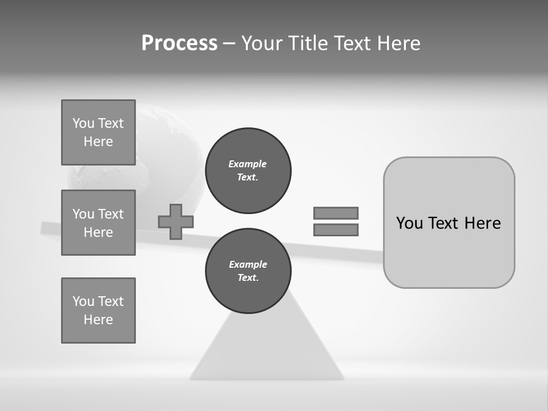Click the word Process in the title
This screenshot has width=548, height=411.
coord(179,43)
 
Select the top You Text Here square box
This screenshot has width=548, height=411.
coord(98,132)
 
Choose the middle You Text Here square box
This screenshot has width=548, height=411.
coord(98,223)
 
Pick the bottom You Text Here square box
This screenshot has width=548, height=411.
coord(98,311)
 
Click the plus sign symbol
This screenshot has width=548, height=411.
coord(176,221)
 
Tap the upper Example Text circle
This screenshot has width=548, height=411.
coord(248,171)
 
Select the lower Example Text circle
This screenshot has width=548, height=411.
coord(248,271)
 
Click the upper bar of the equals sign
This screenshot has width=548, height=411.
coord(336,213)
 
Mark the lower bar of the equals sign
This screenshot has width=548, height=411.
coord(336,229)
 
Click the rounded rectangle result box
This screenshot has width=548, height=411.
coord(449,251)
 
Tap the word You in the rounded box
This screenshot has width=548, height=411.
coord(409,223)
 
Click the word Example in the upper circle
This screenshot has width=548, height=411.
coord(247,164)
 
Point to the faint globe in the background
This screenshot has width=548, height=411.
coord(166,154)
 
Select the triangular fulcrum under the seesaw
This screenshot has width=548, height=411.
coord(267,348)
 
